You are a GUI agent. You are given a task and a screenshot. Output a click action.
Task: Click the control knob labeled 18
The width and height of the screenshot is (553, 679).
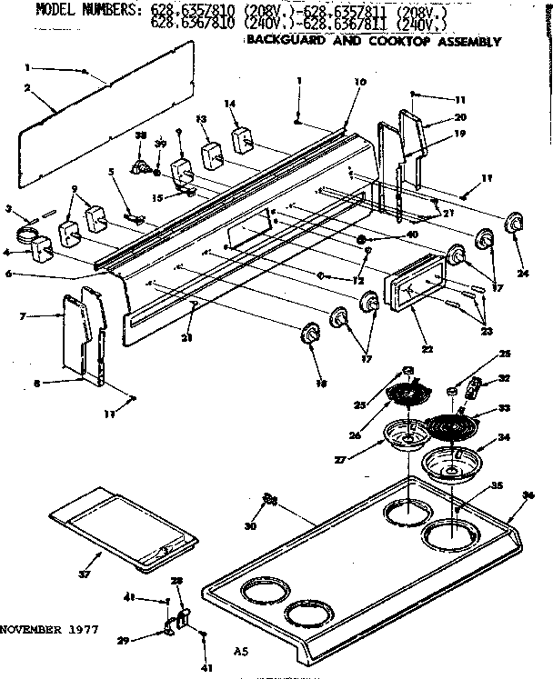coord(310,335)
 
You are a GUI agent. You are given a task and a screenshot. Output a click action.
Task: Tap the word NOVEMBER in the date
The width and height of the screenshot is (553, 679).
coord(34,628)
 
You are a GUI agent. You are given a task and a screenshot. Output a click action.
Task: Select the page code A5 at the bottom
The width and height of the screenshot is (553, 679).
coord(241,651)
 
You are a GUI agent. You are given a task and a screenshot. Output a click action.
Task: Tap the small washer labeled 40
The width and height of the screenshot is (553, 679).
coord(363,240)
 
